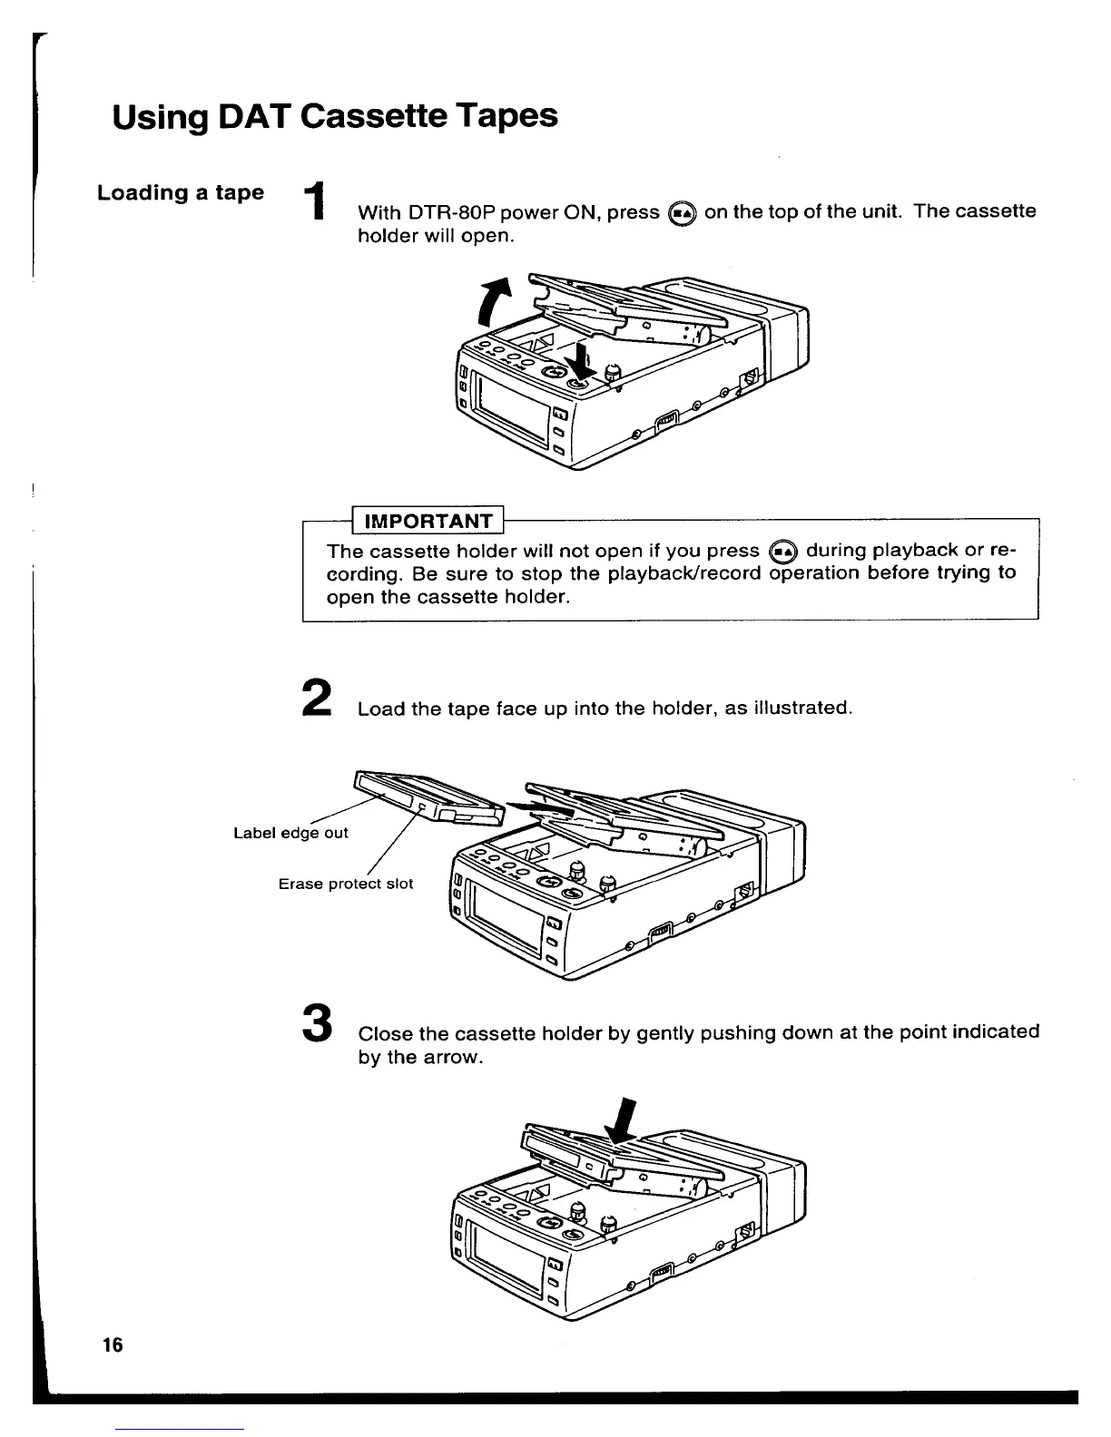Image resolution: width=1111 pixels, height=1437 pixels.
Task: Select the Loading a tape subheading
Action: pyautogui.click(x=181, y=193)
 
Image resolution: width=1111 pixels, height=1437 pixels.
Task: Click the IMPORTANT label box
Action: pyautogui.click(x=428, y=521)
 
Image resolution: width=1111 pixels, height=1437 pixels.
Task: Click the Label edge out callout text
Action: pyautogui.click(x=290, y=833)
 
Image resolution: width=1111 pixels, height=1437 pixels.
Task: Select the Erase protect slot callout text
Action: pyautogui.click(x=345, y=884)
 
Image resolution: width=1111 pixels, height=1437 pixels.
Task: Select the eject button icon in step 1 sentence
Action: pyautogui.click(x=682, y=213)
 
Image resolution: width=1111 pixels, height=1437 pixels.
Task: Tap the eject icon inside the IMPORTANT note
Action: pyautogui.click(x=782, y=551)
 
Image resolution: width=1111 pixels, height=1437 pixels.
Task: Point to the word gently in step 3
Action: pyautogui.click(x=683, y=1033)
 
